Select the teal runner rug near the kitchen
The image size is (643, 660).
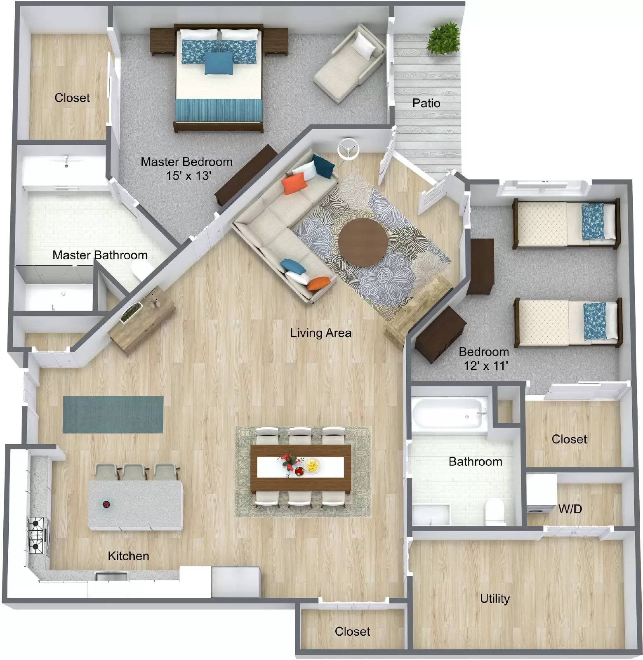(x=113, y=415)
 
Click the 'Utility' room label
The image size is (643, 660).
(x=495, y=598)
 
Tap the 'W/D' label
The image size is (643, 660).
(x=570, y=509)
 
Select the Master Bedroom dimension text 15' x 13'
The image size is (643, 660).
(x=188, y=176)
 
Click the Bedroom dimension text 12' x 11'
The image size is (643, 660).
(x=485, y=365)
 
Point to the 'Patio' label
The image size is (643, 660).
(x=426, y=103)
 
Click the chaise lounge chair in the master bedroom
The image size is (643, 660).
(x=349, y=62)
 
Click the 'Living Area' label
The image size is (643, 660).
(x=320, y=332)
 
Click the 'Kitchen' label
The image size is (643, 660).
(x=128, y=556)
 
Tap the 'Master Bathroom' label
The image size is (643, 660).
(x=100, y=255)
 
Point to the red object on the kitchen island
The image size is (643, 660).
(x=106, y=504)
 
